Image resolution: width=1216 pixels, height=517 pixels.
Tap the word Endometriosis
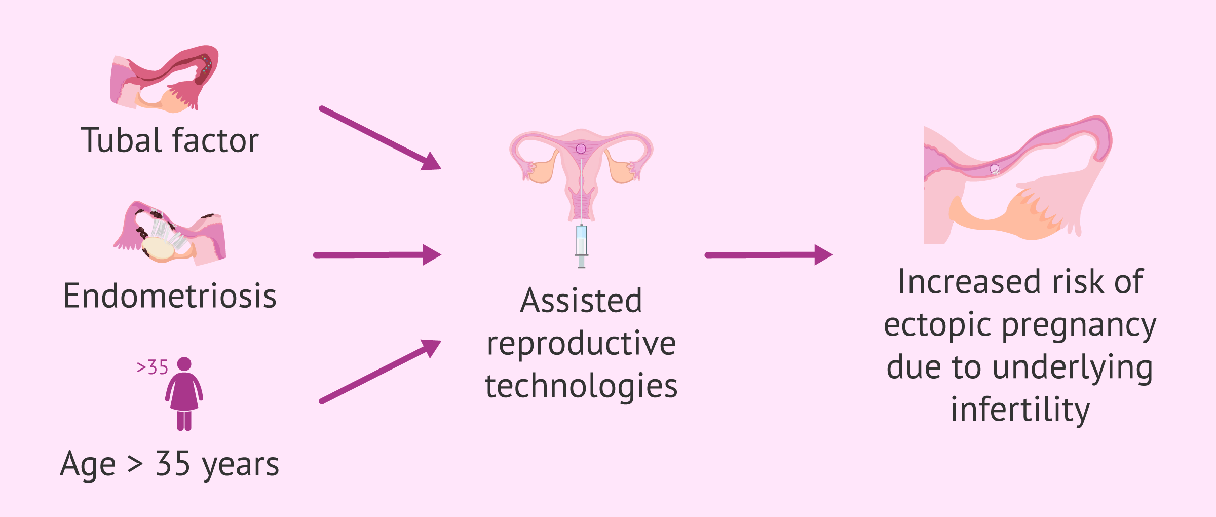point(170,296)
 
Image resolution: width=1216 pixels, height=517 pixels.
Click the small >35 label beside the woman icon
point(152,367)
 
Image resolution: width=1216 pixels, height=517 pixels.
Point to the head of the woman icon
point(184,364)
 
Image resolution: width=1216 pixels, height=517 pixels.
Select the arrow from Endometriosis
point(377,255)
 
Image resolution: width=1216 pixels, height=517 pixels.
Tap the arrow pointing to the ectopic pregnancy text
point(768,255)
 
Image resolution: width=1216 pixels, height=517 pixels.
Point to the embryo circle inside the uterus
point(581,149)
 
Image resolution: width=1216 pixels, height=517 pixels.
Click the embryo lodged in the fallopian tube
point(995,169)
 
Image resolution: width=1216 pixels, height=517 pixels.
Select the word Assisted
point(581,301)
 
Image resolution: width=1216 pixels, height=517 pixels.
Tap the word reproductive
point(581,344)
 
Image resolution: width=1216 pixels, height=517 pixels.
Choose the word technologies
point(581,386)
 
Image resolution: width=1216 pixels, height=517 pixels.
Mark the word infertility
point(1020,410)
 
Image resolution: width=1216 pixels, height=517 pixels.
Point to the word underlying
point(1073,367)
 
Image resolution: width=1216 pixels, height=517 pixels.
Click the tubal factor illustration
point(165,79)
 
